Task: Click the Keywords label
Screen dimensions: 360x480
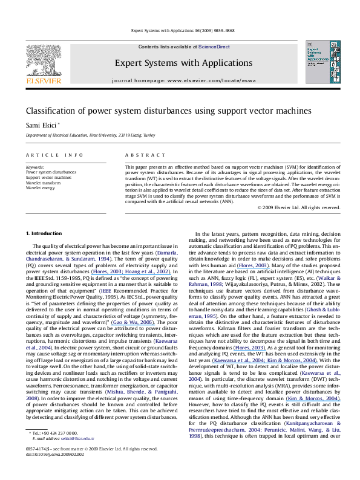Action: (35, 166)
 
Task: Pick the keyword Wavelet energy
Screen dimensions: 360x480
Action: (40, 187)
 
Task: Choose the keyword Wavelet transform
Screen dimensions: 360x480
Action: (44, 182)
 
